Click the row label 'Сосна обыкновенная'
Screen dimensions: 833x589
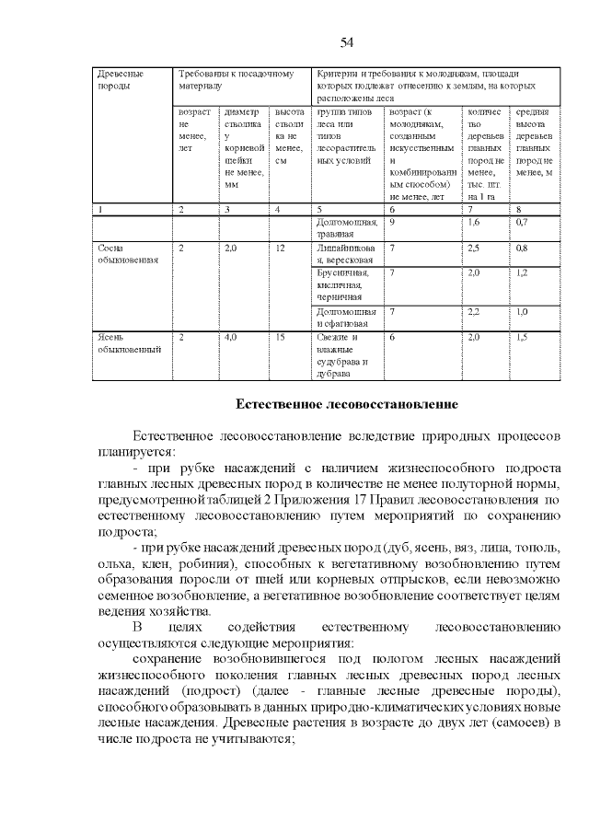tap(128, 253)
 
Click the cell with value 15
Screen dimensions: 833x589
tap(281, 338)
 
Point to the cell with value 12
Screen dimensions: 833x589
tap(281, 248)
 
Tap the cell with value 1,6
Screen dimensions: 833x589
tap(474, 222)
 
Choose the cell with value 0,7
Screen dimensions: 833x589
tap(522, 222)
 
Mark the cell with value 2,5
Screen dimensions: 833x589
tap(474, 248)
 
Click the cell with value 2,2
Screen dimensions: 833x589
tap(474, 312)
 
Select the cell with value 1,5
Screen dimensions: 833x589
tap(522, 338)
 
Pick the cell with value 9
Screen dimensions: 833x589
tap(393, 222)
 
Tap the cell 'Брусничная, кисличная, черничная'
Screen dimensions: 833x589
tap(342, 285)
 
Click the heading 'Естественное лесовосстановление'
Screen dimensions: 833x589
tap(347, 405)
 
